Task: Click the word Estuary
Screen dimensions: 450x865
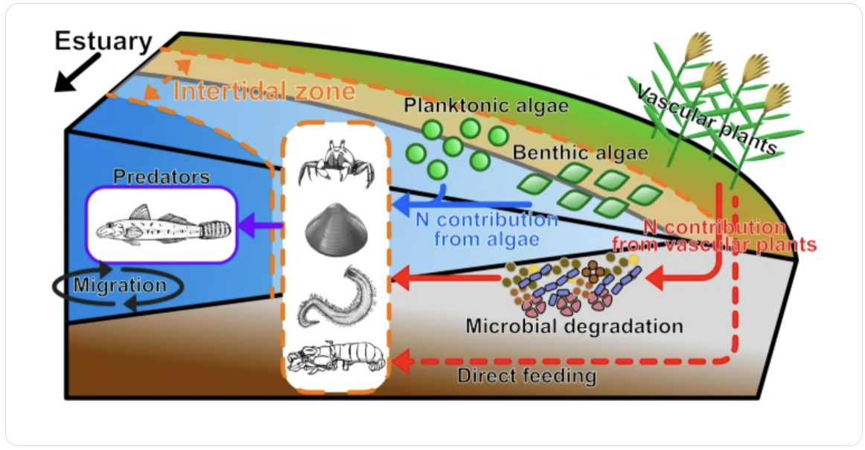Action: pyautogui.click(x=103, y=41)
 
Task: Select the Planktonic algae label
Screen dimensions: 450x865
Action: pyautogui.click(x=486, y=105)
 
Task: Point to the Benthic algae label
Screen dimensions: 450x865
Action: pyautogui.click(x=580, y=154)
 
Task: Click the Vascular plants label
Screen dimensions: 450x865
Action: pyautogui.click(x=706, y=119)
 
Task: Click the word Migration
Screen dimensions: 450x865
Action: pyautogui.click(x=120, y=285)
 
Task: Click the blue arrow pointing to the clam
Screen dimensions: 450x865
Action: pyautogui.click(x=462, y=203)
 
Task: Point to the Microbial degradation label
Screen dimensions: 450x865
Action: pyautogui.click(x=574, y=326)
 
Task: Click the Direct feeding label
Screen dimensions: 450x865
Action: pyautogui.click(x=526, y=375)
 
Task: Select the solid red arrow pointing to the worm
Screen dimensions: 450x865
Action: pyautogui.click(x=447, y=279)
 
